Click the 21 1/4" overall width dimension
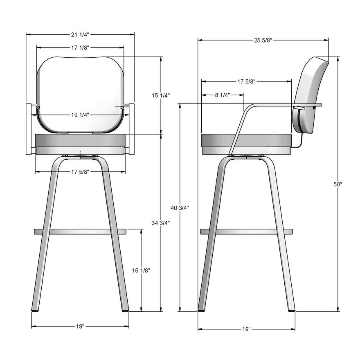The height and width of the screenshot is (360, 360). [80, 34]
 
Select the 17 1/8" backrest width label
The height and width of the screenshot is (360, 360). [80, 48]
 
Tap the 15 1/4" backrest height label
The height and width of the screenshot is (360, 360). [161, 95]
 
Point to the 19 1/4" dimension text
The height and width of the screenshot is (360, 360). [80, 115]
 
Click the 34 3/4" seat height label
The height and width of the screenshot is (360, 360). [161, 223]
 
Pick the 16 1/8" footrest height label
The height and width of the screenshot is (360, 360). [142, 270]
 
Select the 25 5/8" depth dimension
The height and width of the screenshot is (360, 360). [263, 40]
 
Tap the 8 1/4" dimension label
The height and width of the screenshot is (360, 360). [222, 95]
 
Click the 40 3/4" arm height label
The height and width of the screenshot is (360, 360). [180, 208]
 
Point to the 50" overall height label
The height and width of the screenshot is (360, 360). [338, 184]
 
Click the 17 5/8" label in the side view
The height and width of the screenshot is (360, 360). [246, 81]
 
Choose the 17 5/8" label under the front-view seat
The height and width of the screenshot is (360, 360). [80, 171]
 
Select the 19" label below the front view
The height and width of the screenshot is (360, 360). [80, 326]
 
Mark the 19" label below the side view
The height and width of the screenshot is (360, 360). [246, 329]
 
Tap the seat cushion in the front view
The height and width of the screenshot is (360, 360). [80, 141]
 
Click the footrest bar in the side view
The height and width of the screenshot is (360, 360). [246, 232]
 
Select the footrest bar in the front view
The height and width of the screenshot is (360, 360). [80, 232]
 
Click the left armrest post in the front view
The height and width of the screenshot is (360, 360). [29, 129]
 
